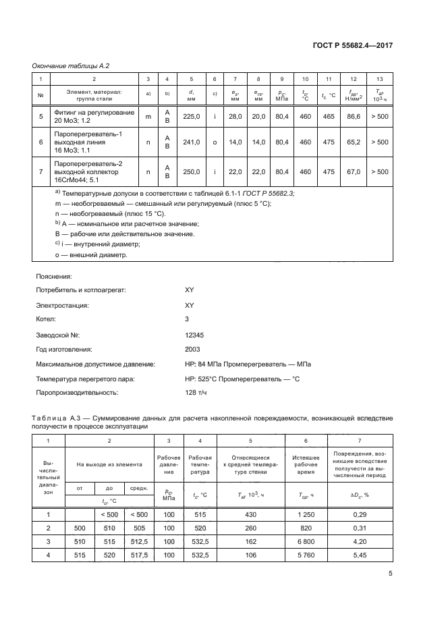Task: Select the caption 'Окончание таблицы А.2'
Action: (72, 65)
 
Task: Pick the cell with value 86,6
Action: (353, 117)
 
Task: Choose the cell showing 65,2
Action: (353, 142)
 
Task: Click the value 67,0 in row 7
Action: (353, 172)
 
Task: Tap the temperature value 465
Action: (329, 117)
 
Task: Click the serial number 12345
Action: (194, 334)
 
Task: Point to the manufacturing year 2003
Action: (192, 350)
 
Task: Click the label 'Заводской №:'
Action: (58, 334)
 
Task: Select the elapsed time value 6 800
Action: (306, 541)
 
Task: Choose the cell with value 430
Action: (251, 514)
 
